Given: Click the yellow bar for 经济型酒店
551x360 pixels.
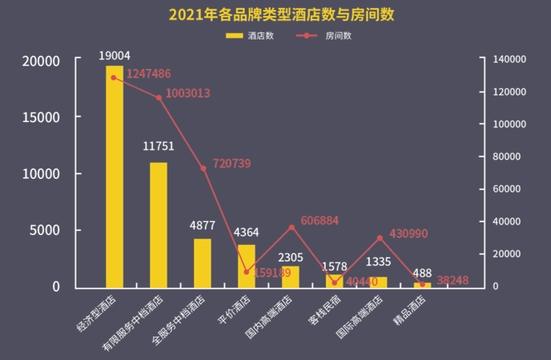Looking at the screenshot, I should pyautogui.click(x=114, y=177).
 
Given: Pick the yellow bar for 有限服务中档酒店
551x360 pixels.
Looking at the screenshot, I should pyautogui.click(x=158, y=225).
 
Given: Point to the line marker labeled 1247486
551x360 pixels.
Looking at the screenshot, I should pyautogui.click(x=114, y=77).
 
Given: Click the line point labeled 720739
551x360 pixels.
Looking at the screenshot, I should pyautogui.click(x=202, y=168).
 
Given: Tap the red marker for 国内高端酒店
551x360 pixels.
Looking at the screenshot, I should pyautogui.click(x=290, y=227).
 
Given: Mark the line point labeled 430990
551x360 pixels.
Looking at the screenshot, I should pyautogui.click(x=379, y=238).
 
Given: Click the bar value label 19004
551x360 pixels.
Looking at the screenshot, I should pyautogui.click(x=114, y=55).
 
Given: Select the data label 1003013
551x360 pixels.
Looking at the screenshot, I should pyautogui.click(x=187, y=93).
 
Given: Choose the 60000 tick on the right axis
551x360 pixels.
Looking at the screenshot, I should pyautogui.click(x=502, y=189).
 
